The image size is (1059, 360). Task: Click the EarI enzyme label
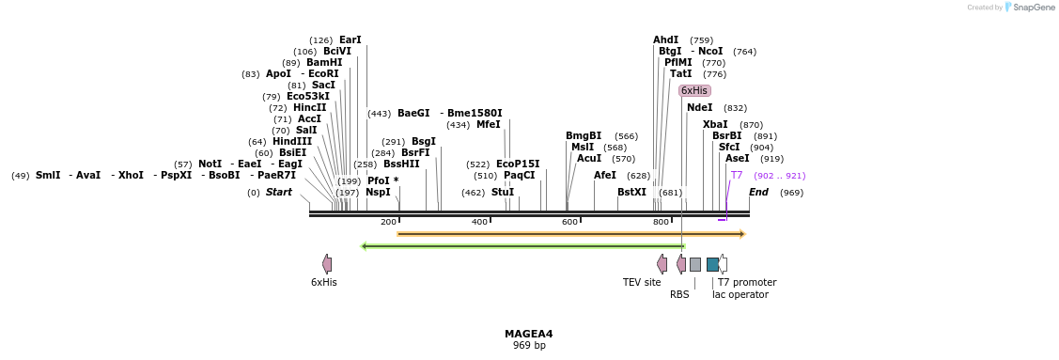(x=350, y=39)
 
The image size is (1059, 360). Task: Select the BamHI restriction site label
(x=324, y=62)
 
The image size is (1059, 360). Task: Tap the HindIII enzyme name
(x=292, y=141)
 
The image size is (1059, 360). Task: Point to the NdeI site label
(x=700, y=107)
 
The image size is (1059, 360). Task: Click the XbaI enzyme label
(x=715, y=124)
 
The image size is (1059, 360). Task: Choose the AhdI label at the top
(x=665, y=39)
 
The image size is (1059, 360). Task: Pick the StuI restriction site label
(x=503, y=192)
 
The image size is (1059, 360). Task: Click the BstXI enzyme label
(x=631, y=192)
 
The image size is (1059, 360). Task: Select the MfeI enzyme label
(x=489, y=124)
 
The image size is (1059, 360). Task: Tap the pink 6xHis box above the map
(x=694, y=90)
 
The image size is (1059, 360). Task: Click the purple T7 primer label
(x=737, y=175)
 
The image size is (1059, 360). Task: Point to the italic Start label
(x=279, y=192)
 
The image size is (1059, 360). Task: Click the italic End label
(x=758, y=192)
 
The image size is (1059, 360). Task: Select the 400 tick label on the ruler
(x=479, y=222)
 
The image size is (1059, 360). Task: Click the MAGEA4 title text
(x=528, y=334)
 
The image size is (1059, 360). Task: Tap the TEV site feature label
(x=642, y=282)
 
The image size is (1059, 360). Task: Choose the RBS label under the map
(x=679, y=294)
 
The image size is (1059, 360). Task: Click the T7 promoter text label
(x=747, y=282)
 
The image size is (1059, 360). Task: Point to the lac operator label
(x=740, y=294)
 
